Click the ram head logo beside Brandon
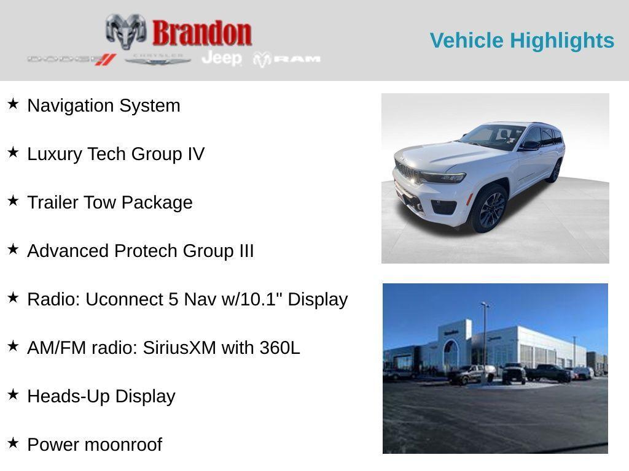point(126,32)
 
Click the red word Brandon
point(202,33)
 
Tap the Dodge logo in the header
point(72,59)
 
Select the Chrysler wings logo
point(158,59)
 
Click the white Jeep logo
point(222,58)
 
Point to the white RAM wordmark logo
point(287,59)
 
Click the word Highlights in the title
point(562,41)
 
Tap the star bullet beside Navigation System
point(14,104)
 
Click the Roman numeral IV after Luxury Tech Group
point(196,154)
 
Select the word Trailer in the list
point(53,202)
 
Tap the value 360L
point(279,348)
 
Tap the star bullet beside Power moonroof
point(14,443)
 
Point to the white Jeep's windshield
point(493,137)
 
